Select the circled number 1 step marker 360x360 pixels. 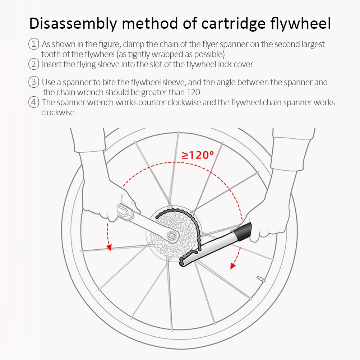click(x=33, y=44)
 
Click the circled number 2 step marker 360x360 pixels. click(x=33, y=64)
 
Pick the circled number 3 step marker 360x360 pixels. click(x=33, y=82)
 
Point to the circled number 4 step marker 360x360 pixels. click(x=33, y=102)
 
